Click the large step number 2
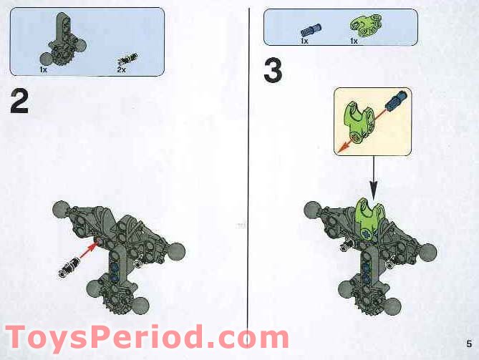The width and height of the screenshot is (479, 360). coord(19,102)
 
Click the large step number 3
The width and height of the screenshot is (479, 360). coord(273,71)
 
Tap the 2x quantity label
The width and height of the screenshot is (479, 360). coord(121,70)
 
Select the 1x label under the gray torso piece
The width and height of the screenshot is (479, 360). coord(44,70)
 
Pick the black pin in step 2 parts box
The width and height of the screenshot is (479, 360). coord(128,60)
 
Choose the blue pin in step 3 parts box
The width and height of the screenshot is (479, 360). coord(309,30)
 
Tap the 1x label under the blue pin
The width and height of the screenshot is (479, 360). coord(304,42)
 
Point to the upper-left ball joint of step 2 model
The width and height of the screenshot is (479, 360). coord(60,210)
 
